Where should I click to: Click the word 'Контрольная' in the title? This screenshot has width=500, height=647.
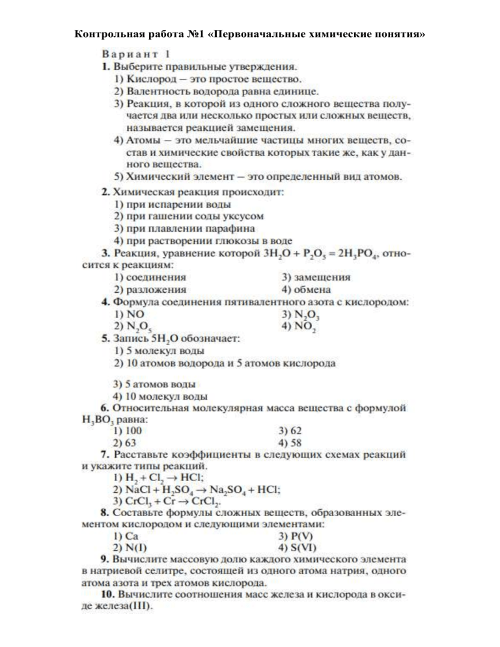coord(106,33)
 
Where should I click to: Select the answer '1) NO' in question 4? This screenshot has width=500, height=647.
coord(128,314)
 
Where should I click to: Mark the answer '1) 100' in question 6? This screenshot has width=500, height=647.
coord(128,431)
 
